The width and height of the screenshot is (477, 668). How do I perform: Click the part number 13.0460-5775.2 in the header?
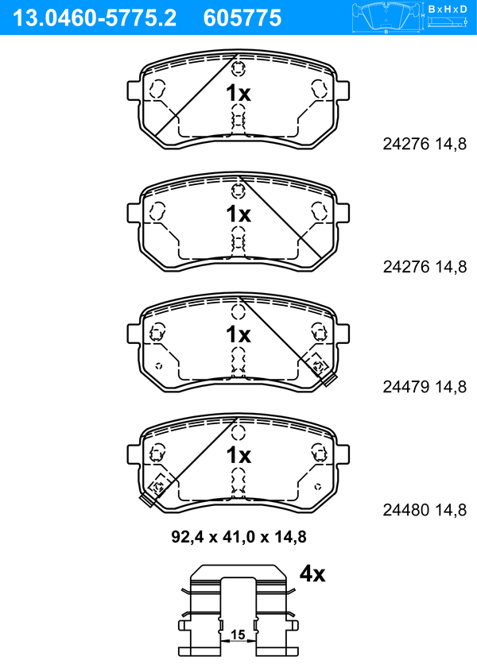pyautogui.click(x=95, y=18)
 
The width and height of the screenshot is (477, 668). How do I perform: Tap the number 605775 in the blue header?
pyautogui.click(x=242, y=18)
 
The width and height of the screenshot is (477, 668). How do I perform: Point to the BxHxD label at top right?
pyautogui.click(x=448, y=9)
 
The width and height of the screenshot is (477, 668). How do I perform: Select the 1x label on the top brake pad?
pyautogui.click(x=238, y=93)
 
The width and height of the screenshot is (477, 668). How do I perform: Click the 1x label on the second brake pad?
pyautogui.click(x=238, y=214)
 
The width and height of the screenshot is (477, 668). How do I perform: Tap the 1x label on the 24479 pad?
pyautogui.click(x=238, y=334)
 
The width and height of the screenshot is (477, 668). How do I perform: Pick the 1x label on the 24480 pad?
pyautogui.click(x=238, y=455)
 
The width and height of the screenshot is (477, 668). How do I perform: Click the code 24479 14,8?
pyautogui.click(x=425, y=387)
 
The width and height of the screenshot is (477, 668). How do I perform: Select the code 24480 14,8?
pyautogui.click(x=425, y=509)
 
